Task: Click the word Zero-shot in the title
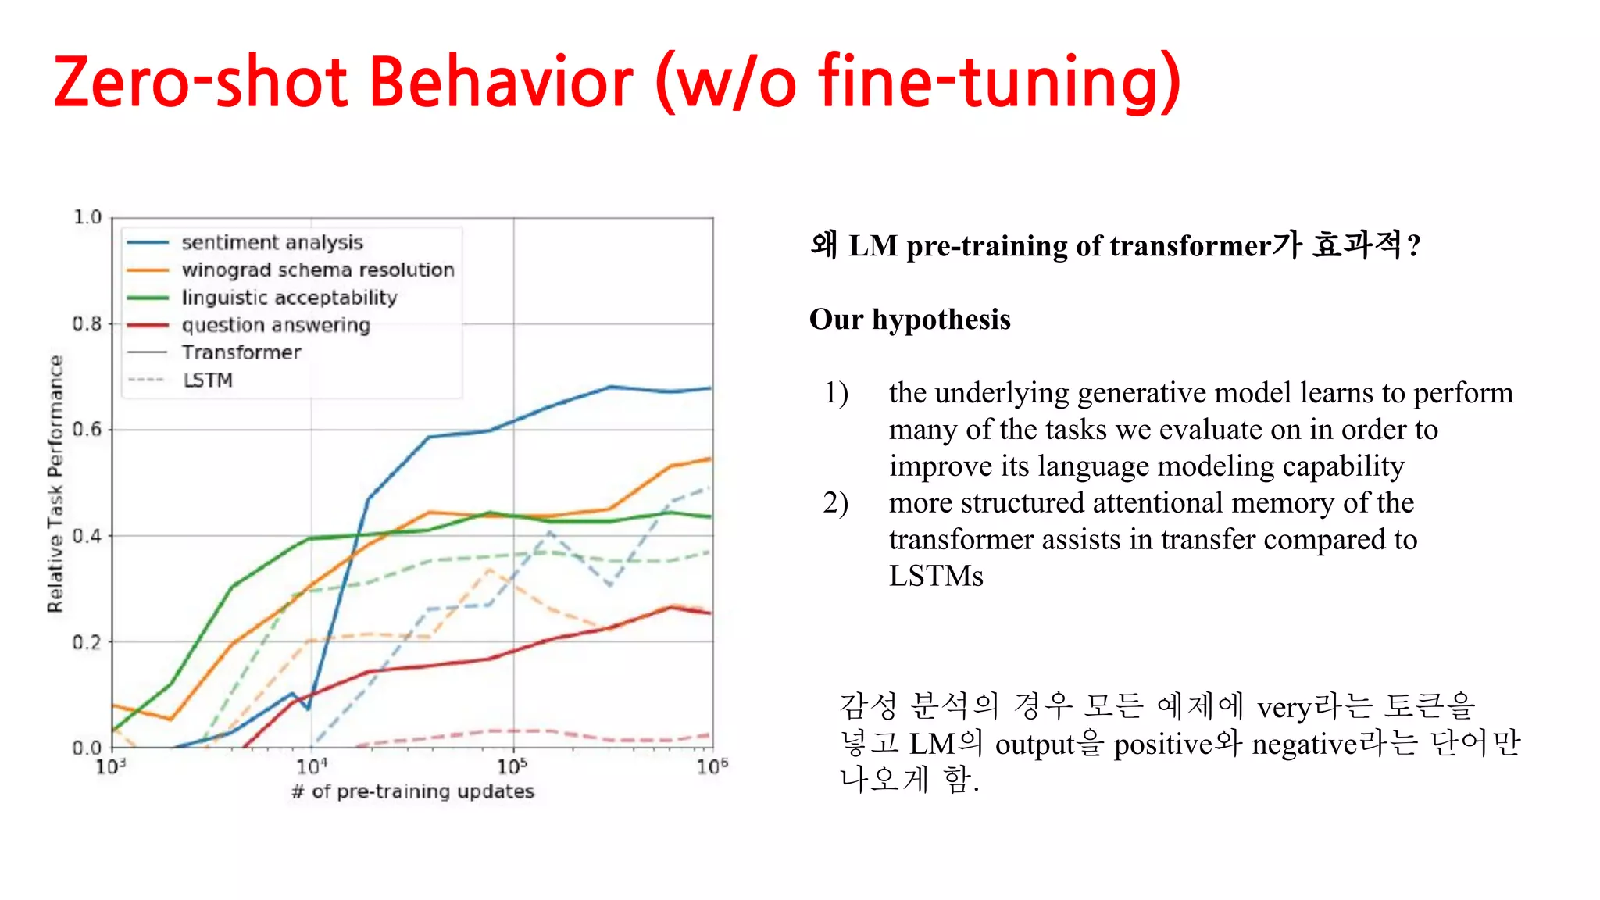point(200,82)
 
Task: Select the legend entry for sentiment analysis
point(272,242)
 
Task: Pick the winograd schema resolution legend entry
point(317,270)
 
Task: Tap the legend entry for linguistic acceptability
point(289,298)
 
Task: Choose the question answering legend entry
point(276,325)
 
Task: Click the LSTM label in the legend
point(208,380)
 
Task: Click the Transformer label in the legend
point(241,352)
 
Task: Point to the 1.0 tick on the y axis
point(87,217)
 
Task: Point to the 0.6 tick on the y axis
point(87,429)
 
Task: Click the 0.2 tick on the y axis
point(87,642)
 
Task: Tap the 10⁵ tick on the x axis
point(512,766)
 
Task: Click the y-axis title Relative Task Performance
point(55,484)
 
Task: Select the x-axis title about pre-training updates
point(412,791)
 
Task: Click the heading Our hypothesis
point(909,320)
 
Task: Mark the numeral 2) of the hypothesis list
point(835,502)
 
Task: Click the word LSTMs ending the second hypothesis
point(935,576)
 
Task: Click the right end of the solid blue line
point(710,388)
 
